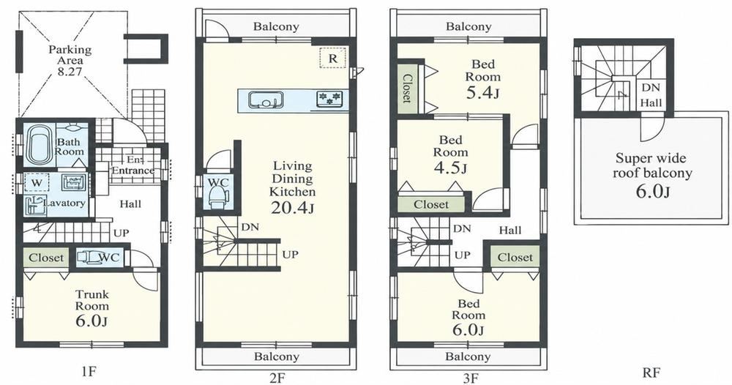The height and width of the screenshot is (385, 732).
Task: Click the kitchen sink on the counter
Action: click(266, 100)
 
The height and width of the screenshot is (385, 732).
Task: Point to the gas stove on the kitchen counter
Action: click(329, 99)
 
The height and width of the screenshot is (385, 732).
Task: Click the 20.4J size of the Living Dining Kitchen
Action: click(292, 206)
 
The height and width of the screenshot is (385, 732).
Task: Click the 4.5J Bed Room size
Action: click(450, 167)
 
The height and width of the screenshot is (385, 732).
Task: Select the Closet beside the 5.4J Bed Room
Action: click(406, 89)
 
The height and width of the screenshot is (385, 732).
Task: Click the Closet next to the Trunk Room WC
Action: click(45, 258)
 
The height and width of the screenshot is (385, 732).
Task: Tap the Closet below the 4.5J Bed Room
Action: click(431, 204)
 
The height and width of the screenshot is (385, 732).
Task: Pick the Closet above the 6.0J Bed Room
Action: click(515, 257)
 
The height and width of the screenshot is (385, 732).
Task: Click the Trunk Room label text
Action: click(92, 300)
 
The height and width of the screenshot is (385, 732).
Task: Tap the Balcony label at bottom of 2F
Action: click(277, 357)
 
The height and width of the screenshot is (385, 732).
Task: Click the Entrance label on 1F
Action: click(132, 171)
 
